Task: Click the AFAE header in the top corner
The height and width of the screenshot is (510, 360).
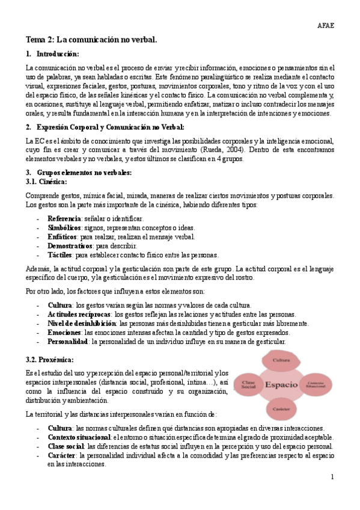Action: point(325,25)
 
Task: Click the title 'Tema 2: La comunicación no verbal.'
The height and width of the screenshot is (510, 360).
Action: point(91,40)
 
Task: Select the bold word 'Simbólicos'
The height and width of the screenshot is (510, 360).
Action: point(64,227)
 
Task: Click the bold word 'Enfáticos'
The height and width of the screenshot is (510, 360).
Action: point(63,236)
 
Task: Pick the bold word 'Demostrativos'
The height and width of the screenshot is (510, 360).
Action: point(70,245)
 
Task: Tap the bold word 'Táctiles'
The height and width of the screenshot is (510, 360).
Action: point(61,254)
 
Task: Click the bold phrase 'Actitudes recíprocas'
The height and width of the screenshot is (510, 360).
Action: point(79,315)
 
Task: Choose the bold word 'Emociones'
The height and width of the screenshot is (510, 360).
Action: point(64,333)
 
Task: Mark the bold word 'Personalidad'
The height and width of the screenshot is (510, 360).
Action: point(68,342)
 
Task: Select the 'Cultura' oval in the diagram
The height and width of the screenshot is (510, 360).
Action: point(281,360)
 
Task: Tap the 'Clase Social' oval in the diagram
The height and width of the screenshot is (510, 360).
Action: point(248,384)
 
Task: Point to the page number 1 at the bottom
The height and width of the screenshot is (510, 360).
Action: point(332,477)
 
